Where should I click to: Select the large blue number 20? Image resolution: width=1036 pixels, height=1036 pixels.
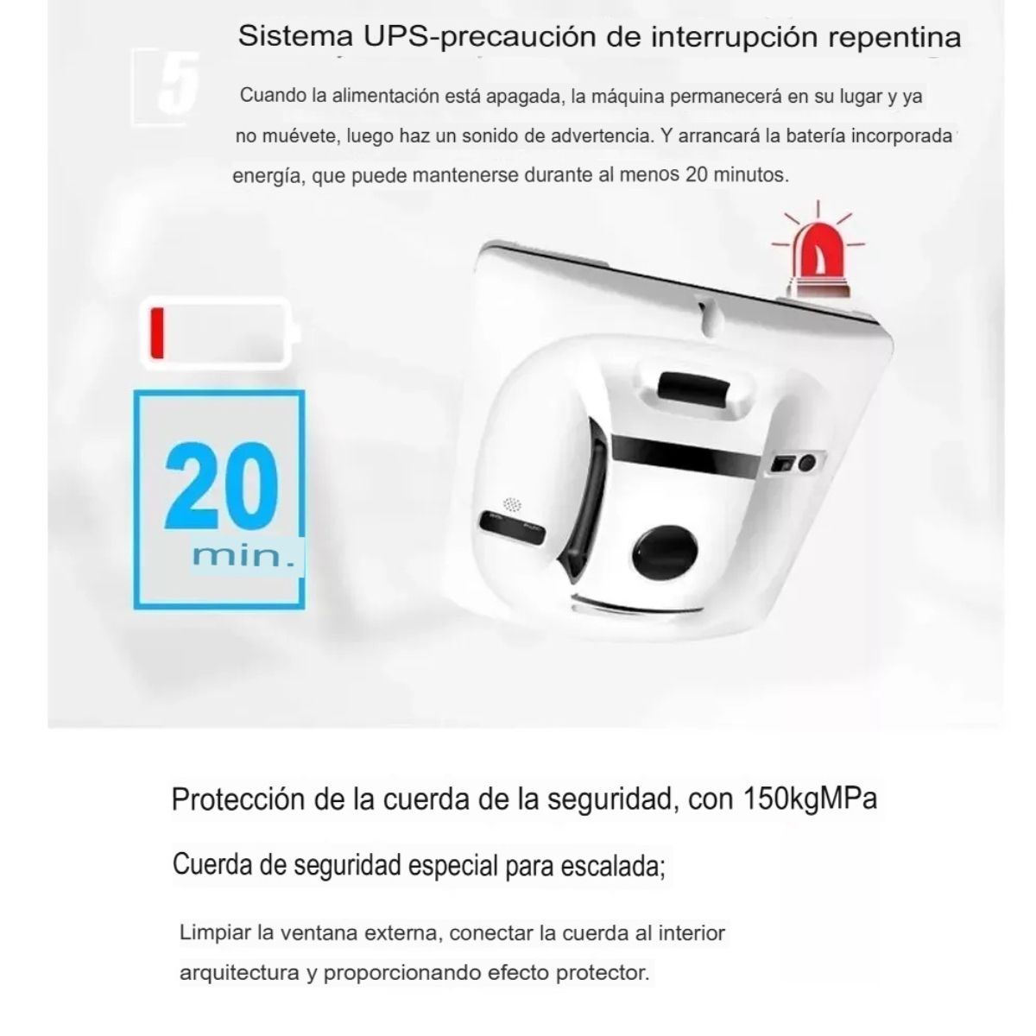[223, 488]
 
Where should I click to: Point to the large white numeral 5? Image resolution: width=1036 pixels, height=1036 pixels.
[177, 83]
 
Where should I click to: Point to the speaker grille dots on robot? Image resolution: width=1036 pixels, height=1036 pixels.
[513, 502]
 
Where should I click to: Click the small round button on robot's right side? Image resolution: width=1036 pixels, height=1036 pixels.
[807, 464]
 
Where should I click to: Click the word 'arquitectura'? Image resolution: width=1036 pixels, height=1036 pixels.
[239, 973]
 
